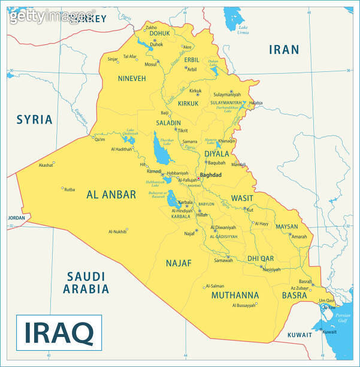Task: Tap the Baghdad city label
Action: click(210, 175)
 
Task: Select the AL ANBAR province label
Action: click(111, 194)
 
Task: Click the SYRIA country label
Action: click(34, 119)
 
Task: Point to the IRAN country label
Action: click(283, 50)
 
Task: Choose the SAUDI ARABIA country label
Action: click(87, 282)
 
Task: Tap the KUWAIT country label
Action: click(300, 335)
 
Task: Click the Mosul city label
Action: click(150, 64)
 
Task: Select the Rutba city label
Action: click(69, 189)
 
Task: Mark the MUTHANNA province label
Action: click(235, 295)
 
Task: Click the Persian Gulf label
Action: click(343, 318)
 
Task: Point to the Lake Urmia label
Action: click(243, 29)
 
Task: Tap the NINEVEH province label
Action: click(132, 79)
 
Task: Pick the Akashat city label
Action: click(46, 165)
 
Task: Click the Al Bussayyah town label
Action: click(243, 305)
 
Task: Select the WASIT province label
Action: click(243, 198)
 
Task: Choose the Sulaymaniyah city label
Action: click(227, 95)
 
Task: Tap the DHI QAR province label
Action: click(261, 258)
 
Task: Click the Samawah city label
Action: click(223, 260)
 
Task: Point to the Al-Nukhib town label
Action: click(117, 231)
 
